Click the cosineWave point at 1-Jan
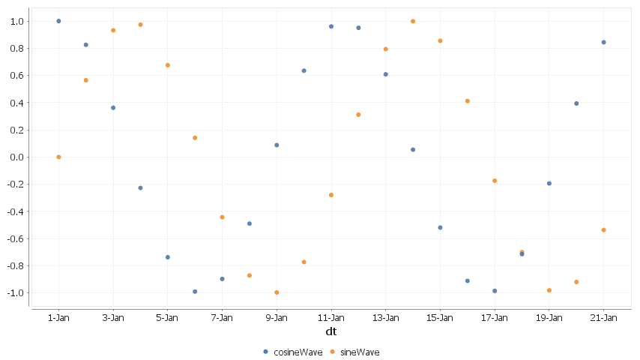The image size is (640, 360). click(58, 21)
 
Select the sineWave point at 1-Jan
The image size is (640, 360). click(58, 157)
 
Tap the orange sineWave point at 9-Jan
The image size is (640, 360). click(277, 292)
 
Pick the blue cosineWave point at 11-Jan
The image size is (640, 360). click(331, 26)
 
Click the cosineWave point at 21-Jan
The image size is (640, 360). click(603, 42)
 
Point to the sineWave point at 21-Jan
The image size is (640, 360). click(603, 229)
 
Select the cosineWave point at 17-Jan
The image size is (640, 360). click(495, 291)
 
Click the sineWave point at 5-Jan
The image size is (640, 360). click(168, 65)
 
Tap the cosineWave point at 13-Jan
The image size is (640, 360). click(386, 74)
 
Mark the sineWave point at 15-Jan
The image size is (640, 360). click(440, 40)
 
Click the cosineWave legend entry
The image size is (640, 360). click(289, 351)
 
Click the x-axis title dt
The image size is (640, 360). click(330, 331)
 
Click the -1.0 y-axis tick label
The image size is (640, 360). click(15, 292)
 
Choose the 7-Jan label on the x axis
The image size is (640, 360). click(222, 317)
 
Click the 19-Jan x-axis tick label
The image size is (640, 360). click(549, 317)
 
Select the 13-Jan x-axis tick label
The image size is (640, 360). click(385, 317)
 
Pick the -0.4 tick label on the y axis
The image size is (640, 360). click(15, 211)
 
